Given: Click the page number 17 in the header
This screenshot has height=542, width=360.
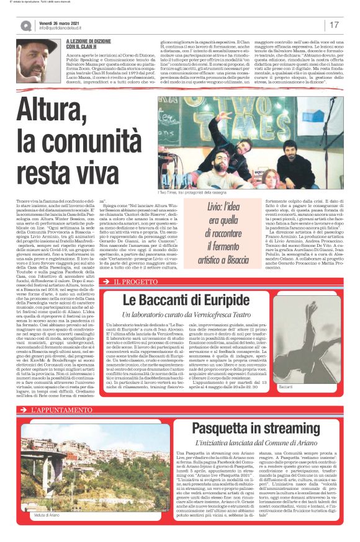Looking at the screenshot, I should point(333,25).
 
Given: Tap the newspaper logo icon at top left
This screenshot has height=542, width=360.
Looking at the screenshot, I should point(25,25).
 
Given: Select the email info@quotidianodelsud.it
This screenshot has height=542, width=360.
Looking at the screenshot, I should point(67,29).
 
